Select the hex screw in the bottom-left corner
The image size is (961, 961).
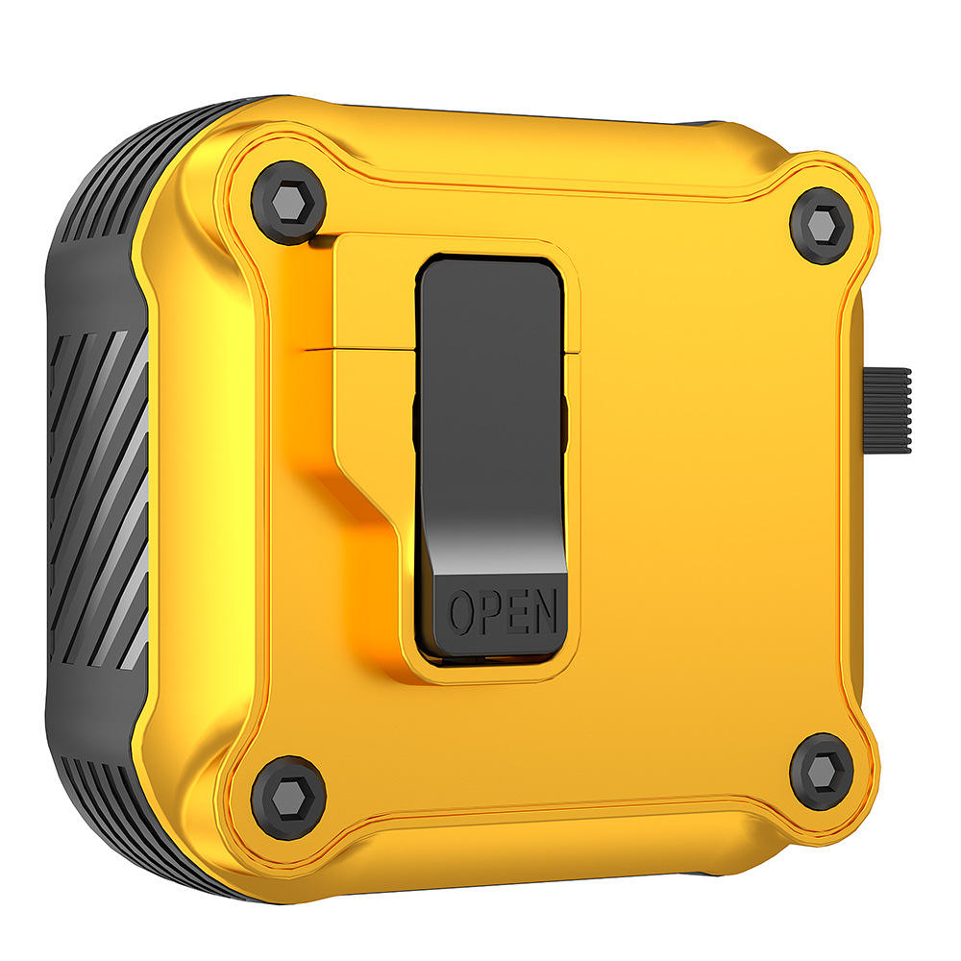[x=288, y=797]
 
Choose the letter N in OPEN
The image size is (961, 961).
[x=543, y=610]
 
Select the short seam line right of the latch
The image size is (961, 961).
[x=573, y=353]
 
